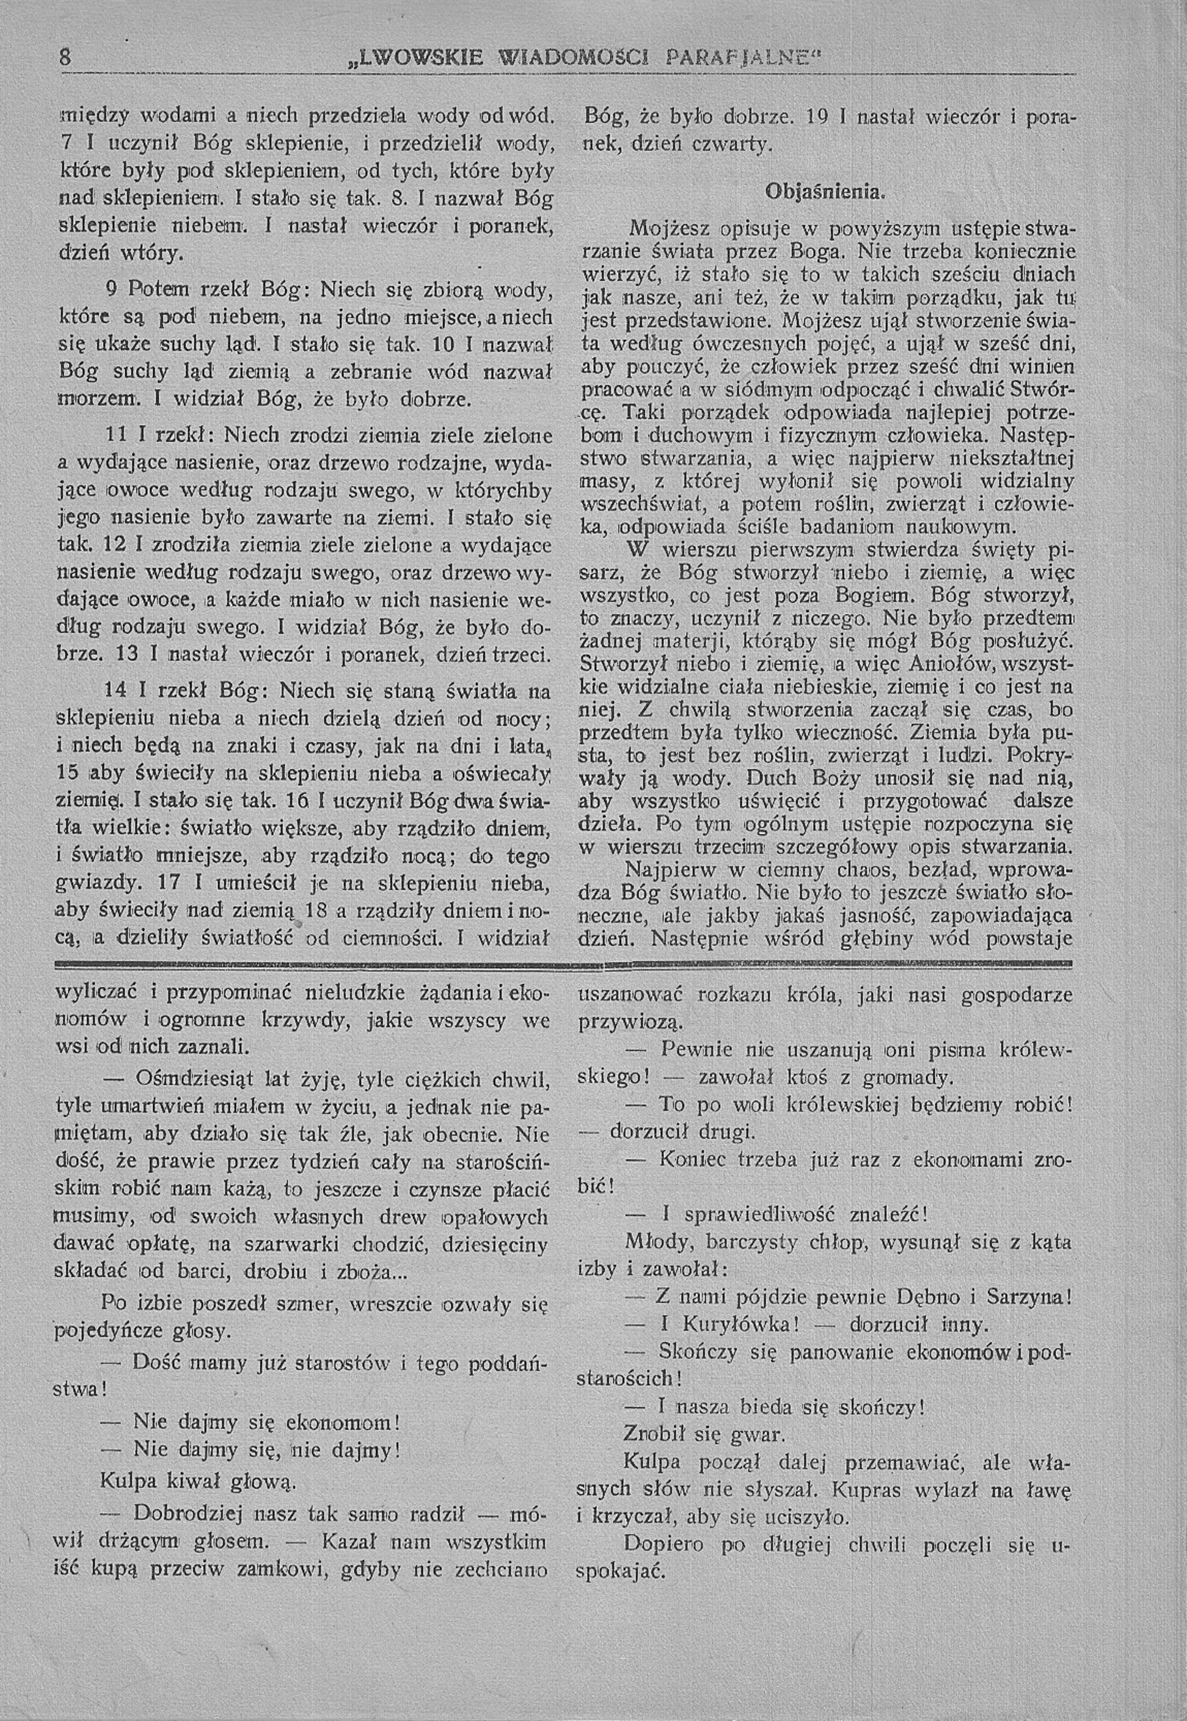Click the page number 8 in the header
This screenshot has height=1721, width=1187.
[65, 56]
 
